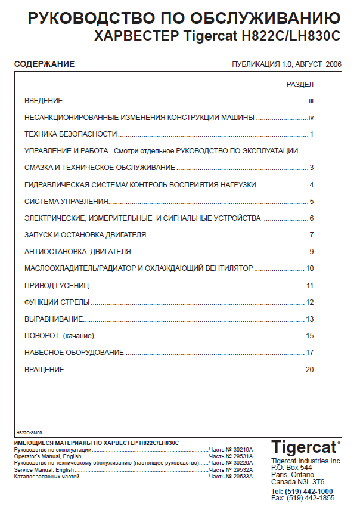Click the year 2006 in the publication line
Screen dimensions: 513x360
[333, 64]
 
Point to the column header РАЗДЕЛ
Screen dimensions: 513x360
[300, 85]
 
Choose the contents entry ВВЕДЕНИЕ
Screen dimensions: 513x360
[44, 101]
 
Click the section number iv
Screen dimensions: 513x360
[311, 118]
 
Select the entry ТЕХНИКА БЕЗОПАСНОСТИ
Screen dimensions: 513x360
[70, 134]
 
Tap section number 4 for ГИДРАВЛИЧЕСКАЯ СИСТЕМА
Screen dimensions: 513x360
[311, 185]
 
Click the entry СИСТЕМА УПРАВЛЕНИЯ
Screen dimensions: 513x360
[66, 202]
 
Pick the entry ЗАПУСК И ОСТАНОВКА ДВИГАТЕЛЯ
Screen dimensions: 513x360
[85, 235]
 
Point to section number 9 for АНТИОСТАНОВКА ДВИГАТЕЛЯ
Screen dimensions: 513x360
[311, 252]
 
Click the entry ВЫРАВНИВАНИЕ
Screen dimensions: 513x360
[54, 319]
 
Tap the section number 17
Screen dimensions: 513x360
[309, 353]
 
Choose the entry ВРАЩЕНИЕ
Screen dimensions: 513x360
[44, 370]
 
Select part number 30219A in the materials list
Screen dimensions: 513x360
[243, 449]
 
